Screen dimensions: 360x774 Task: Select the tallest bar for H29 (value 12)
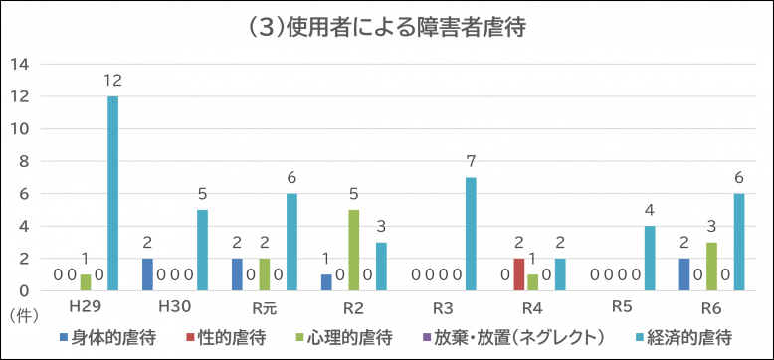pyautogui.click(x=112, y=194)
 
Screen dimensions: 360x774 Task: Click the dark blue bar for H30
pyautogui.click(x=147, y=274)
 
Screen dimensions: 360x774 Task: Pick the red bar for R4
pyautogui.click(x=519, y=274)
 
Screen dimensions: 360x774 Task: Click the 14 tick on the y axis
pyautogui.click(x=20, y=65)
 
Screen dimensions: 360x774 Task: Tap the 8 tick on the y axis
pyautogui.click(x=24, y=162)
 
